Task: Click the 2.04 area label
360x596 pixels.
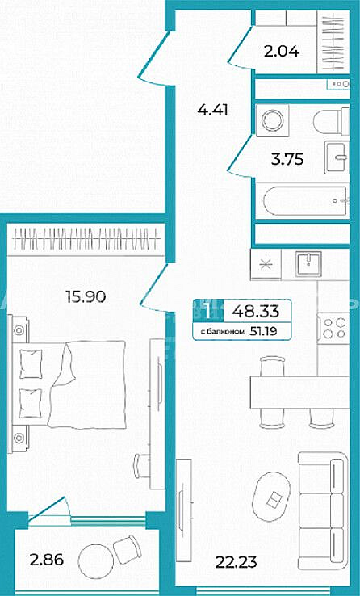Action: coord(282,51)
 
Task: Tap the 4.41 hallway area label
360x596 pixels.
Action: coord(212,110)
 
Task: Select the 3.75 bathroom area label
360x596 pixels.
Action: coord(287,159)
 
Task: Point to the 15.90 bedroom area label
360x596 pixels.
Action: coord(86,296)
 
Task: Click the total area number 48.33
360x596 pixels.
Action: coord(256,312)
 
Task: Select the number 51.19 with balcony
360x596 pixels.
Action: coord(264,331)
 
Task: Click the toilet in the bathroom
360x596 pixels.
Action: coord(331,120)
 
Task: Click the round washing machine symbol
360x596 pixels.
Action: coord(272,120)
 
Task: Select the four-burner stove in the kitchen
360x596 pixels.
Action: coord(333,328)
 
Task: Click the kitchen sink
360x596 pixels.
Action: coord(309,263)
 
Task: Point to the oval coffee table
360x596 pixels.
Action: coord(271,497)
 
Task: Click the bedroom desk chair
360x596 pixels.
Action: coord(142,465)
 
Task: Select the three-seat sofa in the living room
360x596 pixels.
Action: coord(322,510)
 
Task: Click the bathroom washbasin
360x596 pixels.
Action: coord(337,157)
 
